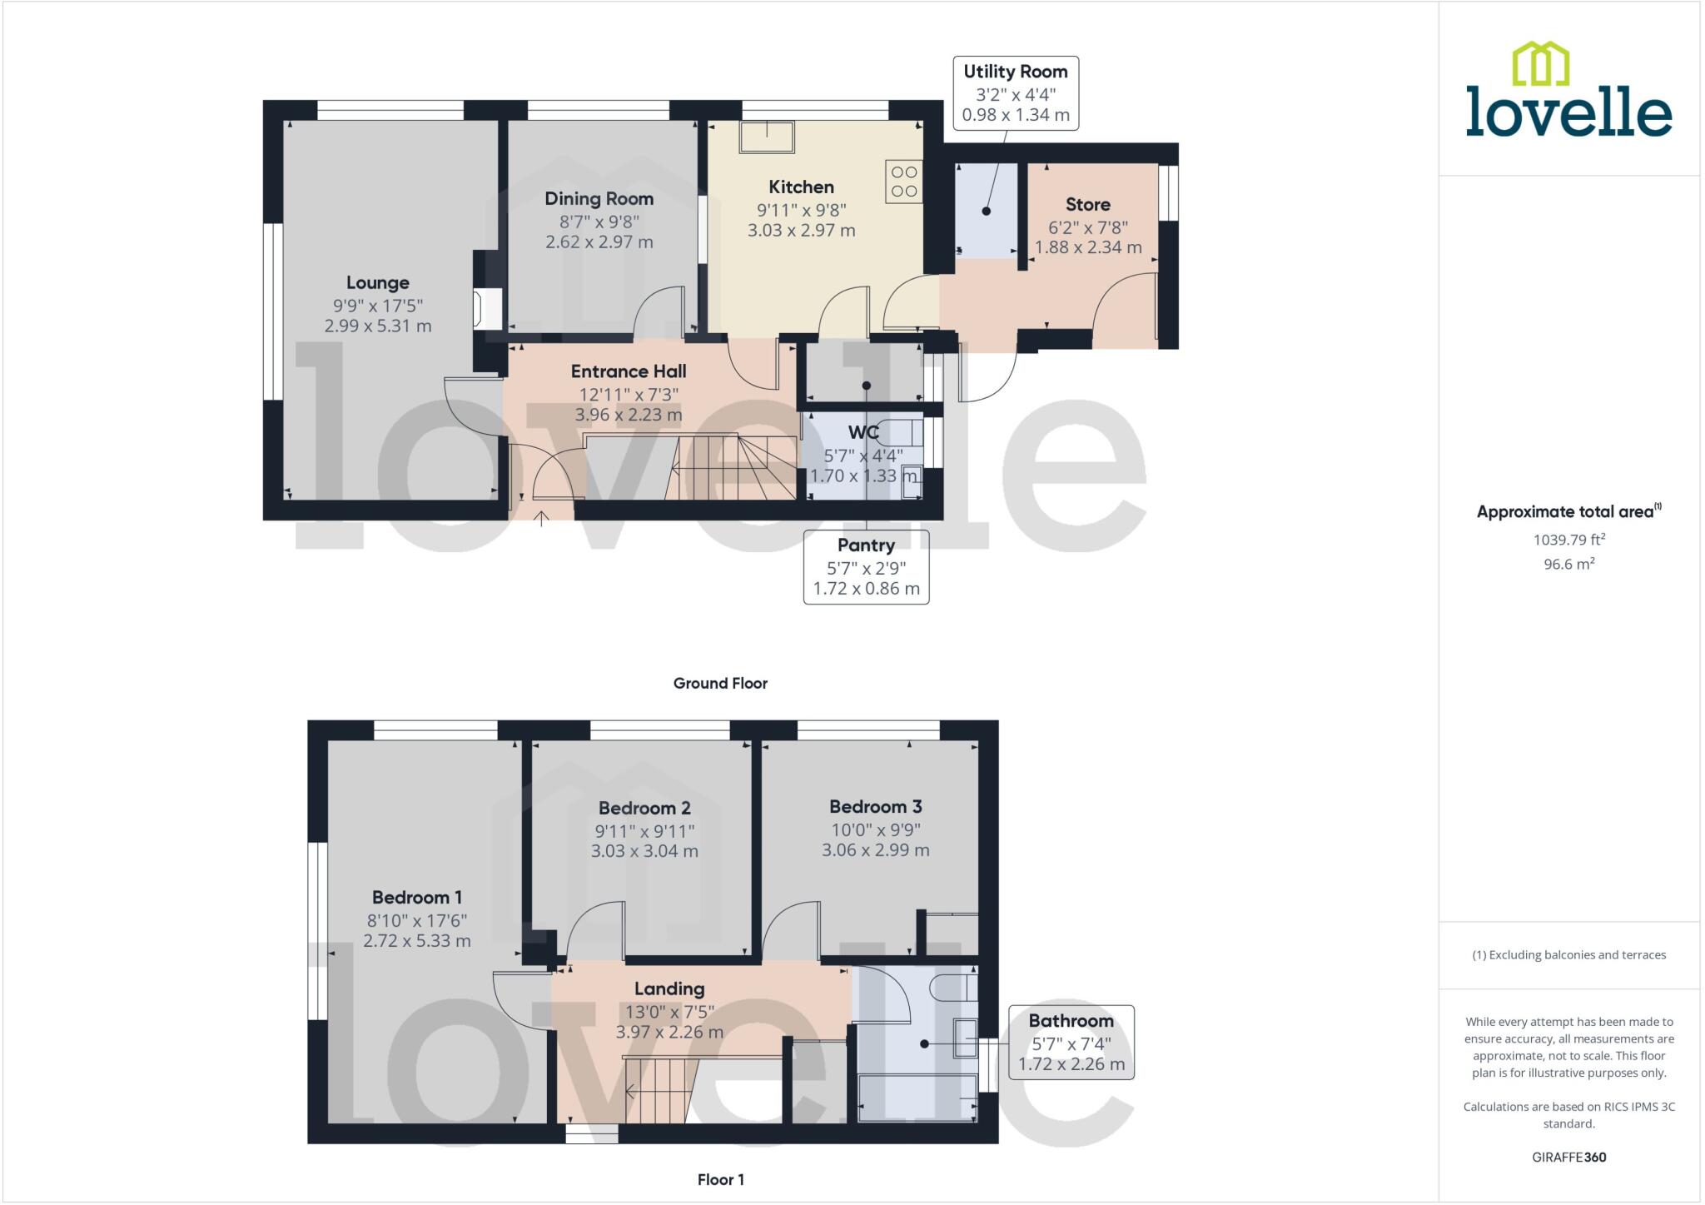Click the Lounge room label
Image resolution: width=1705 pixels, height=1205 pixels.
377,282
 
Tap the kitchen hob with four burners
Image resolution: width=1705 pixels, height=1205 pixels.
904,182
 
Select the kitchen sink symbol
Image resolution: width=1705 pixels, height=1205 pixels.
767,137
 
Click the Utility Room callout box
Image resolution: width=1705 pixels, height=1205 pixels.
1015,93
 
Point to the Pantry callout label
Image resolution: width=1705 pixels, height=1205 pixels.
866,545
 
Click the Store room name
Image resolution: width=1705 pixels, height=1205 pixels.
1087,204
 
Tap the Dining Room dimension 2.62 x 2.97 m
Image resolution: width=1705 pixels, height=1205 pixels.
599,242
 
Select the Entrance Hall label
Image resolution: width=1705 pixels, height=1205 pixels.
629,371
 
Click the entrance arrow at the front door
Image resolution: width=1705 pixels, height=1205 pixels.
541,518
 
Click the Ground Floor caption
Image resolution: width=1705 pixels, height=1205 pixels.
720,683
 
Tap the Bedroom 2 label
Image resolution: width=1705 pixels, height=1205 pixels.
644,808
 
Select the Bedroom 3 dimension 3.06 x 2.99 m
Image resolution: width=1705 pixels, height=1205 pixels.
875,850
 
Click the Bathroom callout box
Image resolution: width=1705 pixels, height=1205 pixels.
1071,1042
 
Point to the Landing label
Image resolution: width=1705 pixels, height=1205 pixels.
669,988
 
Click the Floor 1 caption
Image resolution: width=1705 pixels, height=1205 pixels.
720,1179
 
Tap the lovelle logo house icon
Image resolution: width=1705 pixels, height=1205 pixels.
1540,64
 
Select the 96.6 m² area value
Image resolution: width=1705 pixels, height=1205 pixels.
1568,564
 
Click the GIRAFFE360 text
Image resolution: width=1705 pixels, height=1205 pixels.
1568,1157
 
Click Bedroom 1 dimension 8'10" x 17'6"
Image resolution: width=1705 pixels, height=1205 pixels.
416,920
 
